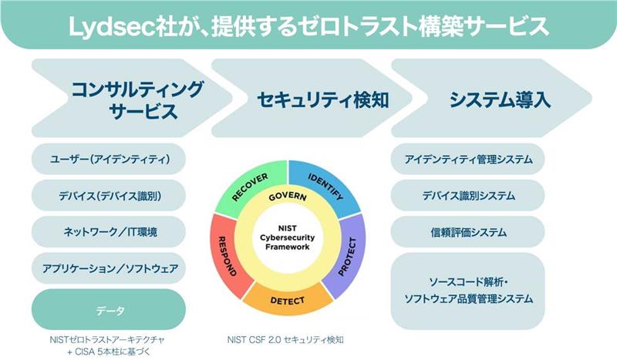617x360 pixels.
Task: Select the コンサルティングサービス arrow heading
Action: coord(132,99)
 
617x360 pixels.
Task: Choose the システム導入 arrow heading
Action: coord(492,99)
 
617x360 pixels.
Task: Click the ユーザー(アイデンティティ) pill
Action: coord(109,159)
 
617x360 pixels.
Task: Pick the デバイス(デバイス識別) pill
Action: coord(109,196)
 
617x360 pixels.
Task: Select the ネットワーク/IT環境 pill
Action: coord(109,232)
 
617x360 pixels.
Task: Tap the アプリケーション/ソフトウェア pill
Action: coord(109,268)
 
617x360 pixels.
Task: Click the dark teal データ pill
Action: coord(109,310)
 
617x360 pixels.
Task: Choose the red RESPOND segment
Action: coord(228,256)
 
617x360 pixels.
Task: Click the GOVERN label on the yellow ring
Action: coord(288,197)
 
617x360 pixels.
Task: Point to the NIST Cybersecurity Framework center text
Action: coord(288,237)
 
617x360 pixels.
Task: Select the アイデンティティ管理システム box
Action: coord(468,159)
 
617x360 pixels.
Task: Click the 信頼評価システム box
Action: coord(468,232)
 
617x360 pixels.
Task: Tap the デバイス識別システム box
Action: coord(468,196)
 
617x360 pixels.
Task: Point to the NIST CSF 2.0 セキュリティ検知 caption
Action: coord(285,339)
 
